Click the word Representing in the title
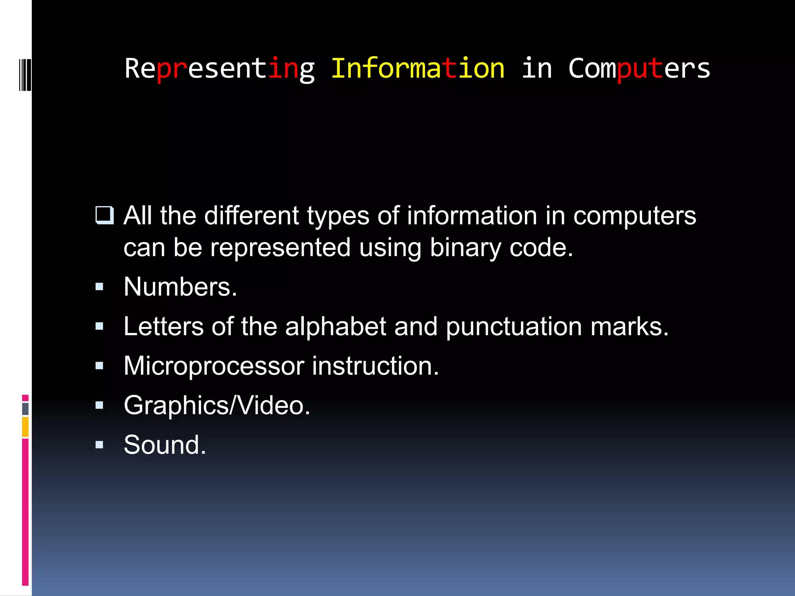click(x=219, y=69)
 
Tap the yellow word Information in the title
click(x=418, y=69)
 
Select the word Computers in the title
click(x=639, y=69)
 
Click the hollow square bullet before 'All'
click(x=104, y=216)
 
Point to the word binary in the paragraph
click(x=465, y=248)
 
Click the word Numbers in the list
click(x=180, y=287)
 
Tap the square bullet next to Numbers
click(x=99, y=287)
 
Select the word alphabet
click(x=335, y=326)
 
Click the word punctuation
click(x=514, y=327)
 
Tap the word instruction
click(x=375, y=366)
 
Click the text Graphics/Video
click(x=217, y=405)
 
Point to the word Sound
click(x=165, y=445)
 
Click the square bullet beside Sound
click(x=99, y=445)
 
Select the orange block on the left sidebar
click(x=25, y=427)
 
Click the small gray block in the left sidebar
click(x=25, y=409)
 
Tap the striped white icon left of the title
click(x=25, y=75)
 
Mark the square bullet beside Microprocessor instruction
click(x=99, y=366)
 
